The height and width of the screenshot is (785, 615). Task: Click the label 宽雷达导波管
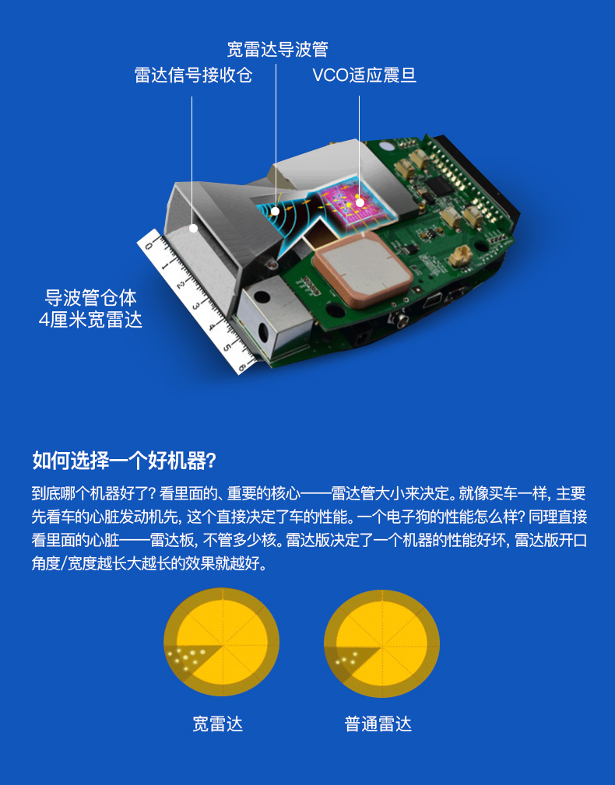click(277, 50)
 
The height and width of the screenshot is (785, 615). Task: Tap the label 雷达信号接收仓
click(193, 75)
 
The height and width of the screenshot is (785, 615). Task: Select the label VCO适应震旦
click(364, 75)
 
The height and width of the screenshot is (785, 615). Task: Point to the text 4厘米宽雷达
click(90, 320)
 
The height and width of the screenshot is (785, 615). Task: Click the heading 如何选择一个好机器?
click(125, 461)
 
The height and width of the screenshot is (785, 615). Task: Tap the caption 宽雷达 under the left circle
click(218, 724)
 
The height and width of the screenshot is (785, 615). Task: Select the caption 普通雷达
click(378, 724)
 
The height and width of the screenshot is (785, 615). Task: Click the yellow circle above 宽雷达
click(221, 642)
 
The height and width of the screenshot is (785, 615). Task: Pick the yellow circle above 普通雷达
click(381, 643)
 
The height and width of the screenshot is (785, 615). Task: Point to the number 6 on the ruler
click(242, 367)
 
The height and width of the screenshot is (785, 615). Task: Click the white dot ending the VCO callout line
click(359, 202)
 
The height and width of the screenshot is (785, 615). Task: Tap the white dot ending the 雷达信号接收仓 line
click(192, 228)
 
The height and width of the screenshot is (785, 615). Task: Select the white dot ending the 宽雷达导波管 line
click(276, 211)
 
